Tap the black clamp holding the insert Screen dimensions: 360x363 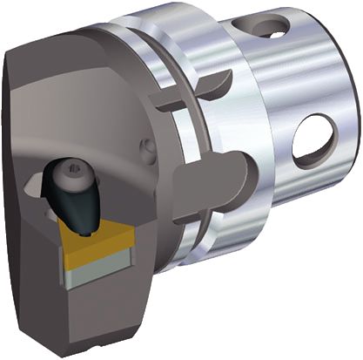[x=77, y=194]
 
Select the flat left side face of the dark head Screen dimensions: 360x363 [x=22, y=174]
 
